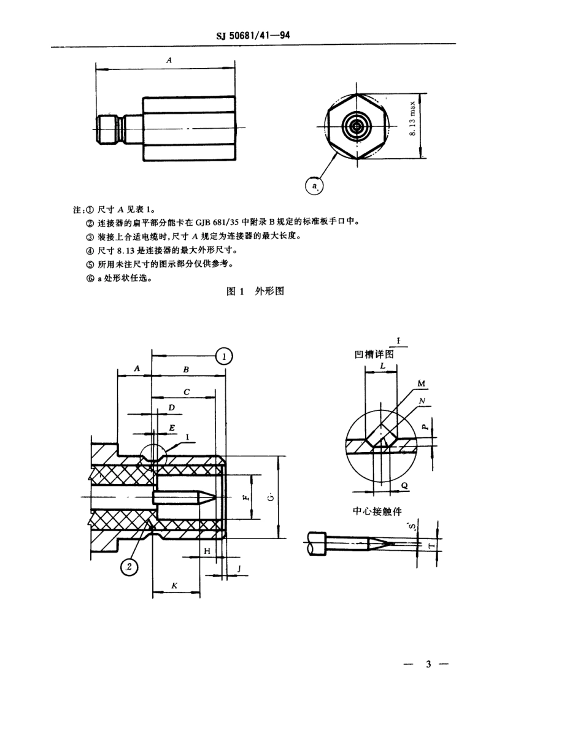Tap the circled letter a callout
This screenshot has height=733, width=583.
point(314,185)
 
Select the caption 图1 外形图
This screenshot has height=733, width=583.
point(255,292)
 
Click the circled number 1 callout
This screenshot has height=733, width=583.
point(225,355)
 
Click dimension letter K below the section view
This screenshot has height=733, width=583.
point(174,585)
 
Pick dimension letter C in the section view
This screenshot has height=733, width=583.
point(186,391)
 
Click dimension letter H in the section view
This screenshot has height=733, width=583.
point(207,551)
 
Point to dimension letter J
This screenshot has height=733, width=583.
point(238,569)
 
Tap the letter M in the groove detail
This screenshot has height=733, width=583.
point(422,383)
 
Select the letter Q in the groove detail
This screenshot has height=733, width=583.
point(404,484)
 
